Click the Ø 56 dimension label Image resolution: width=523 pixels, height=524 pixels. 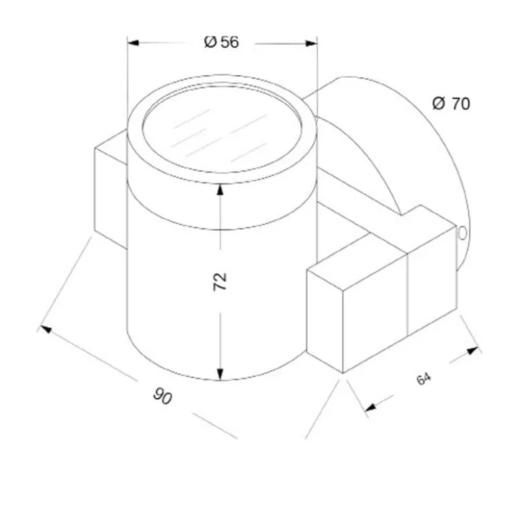221,42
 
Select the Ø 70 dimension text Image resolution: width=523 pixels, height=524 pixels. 451,103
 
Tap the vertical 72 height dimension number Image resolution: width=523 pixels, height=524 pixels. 220,282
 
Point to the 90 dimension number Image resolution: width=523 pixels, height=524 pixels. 163,396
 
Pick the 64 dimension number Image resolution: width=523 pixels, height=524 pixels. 424,378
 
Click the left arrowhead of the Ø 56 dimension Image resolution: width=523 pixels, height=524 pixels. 133,43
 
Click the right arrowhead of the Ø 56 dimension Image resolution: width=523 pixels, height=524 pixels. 311,43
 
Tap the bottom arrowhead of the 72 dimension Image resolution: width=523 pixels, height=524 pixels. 220,374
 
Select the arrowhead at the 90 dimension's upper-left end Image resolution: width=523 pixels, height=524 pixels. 46,329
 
